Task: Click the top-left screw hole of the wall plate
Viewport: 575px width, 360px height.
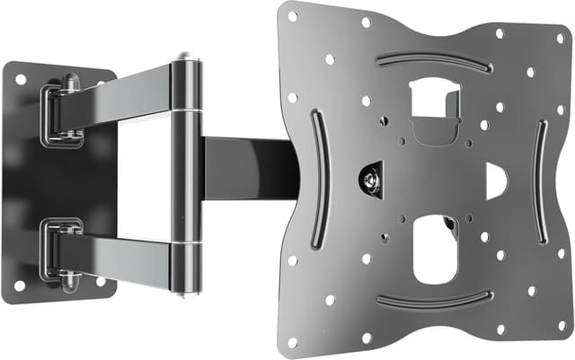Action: point(20,79)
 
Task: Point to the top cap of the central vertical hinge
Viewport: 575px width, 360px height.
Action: point(186,60)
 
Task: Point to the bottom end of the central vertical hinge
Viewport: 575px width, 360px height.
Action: point(186,289)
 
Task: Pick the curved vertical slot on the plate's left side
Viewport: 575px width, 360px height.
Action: point(314,179)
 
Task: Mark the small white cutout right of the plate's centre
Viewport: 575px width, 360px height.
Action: point(495,180)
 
